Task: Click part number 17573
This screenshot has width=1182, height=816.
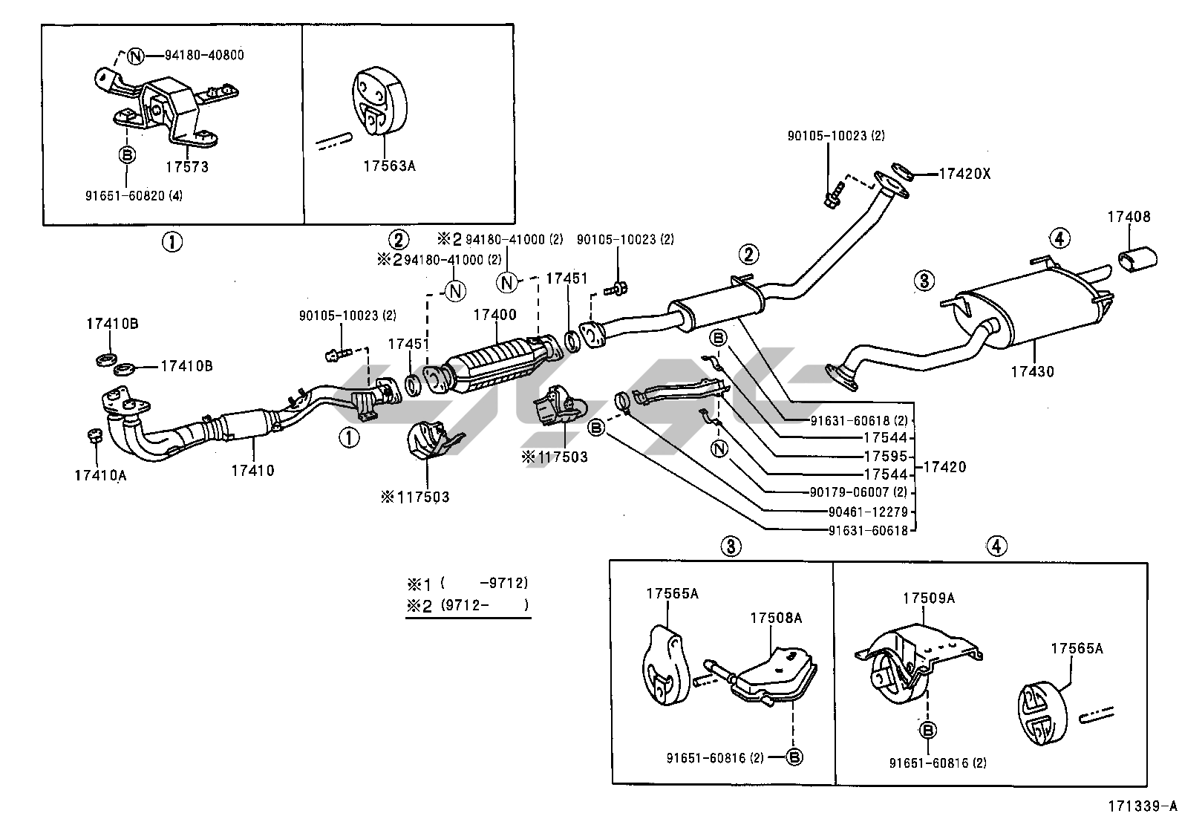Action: pyautogui.click(x=186, y=167)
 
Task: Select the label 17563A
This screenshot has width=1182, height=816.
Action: pyautogui.click(x=389, y=166)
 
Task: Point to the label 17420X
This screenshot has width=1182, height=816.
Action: pyautogui.click(x=964, y=174)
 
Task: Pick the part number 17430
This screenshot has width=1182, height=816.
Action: pyautogui.click(x=1032, y=371)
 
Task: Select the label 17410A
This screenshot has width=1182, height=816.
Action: pyautogui.click(x=100, y=475)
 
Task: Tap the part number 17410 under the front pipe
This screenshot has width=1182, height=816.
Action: pyautogui.click(x=252, y=469)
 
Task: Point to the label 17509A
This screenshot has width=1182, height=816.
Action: pyautogui.click(x=929, y=598)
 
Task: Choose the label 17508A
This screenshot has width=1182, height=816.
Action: pyautogui.click(x=776, y=618)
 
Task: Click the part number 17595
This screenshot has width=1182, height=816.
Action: pyautogui.click(x=886, y=457)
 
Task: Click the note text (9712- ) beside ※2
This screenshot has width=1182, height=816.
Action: pyautogui.click(x=485, y=605)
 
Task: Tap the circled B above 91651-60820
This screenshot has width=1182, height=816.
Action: pyautogui.click(x=127, y=154)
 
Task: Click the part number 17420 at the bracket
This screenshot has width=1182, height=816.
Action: pyautogui.click(x=944, y=467)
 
